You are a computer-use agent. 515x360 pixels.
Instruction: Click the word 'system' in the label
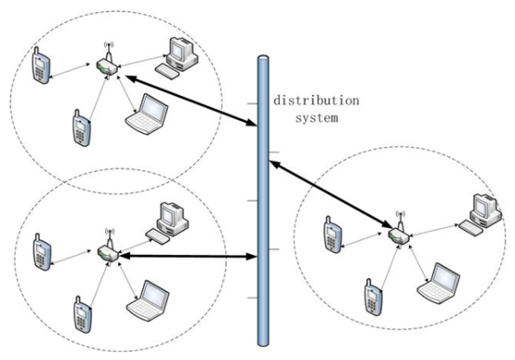[x=314, y=117]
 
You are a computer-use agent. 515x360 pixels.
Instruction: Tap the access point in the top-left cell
[x=106, y=64]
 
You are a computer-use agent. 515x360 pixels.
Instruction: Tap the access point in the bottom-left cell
[x=104, y=250]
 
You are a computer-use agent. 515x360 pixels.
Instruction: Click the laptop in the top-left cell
[x=148, y=113]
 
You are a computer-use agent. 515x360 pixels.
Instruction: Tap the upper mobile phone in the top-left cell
[x=39, y=68]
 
